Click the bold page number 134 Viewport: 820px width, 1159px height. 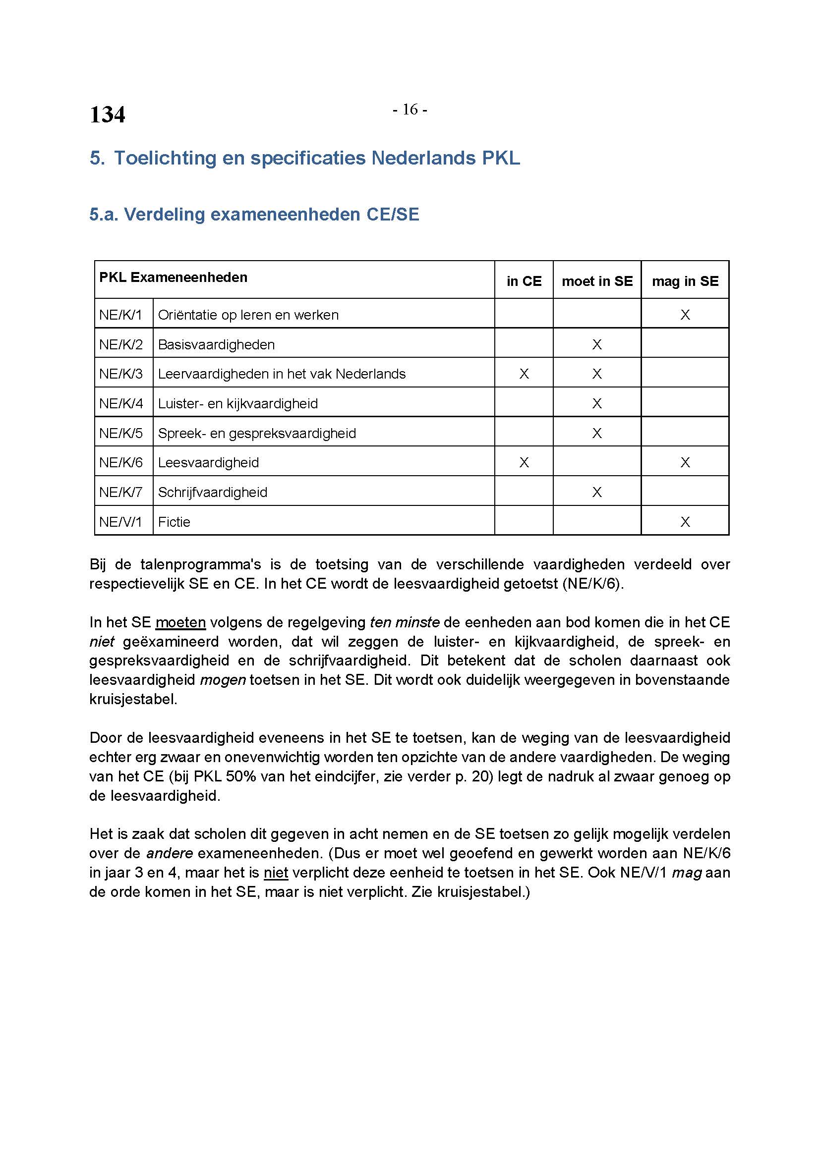107,114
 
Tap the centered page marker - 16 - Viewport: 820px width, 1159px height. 410,110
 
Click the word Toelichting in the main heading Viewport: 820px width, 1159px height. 165,158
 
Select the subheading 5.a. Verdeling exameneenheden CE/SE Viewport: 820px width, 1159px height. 254,215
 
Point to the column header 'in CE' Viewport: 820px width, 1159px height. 524,281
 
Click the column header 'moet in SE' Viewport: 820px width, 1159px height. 597,281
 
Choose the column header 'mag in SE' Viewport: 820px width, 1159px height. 685,281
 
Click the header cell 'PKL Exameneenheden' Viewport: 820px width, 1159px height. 173,277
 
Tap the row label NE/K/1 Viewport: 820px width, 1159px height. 120,315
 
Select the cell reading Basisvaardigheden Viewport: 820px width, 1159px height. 216,345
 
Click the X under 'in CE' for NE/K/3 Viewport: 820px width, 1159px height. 524,374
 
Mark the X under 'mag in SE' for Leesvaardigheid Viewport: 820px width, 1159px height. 685,462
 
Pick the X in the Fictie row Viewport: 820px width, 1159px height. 685,522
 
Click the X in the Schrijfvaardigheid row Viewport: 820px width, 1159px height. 597,492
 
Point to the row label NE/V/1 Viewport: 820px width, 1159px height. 120,522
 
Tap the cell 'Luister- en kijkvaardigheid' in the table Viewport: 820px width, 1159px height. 238,404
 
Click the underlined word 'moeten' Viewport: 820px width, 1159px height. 180,622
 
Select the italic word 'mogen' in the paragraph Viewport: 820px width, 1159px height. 223,680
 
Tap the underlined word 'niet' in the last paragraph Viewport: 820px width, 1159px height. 276,873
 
